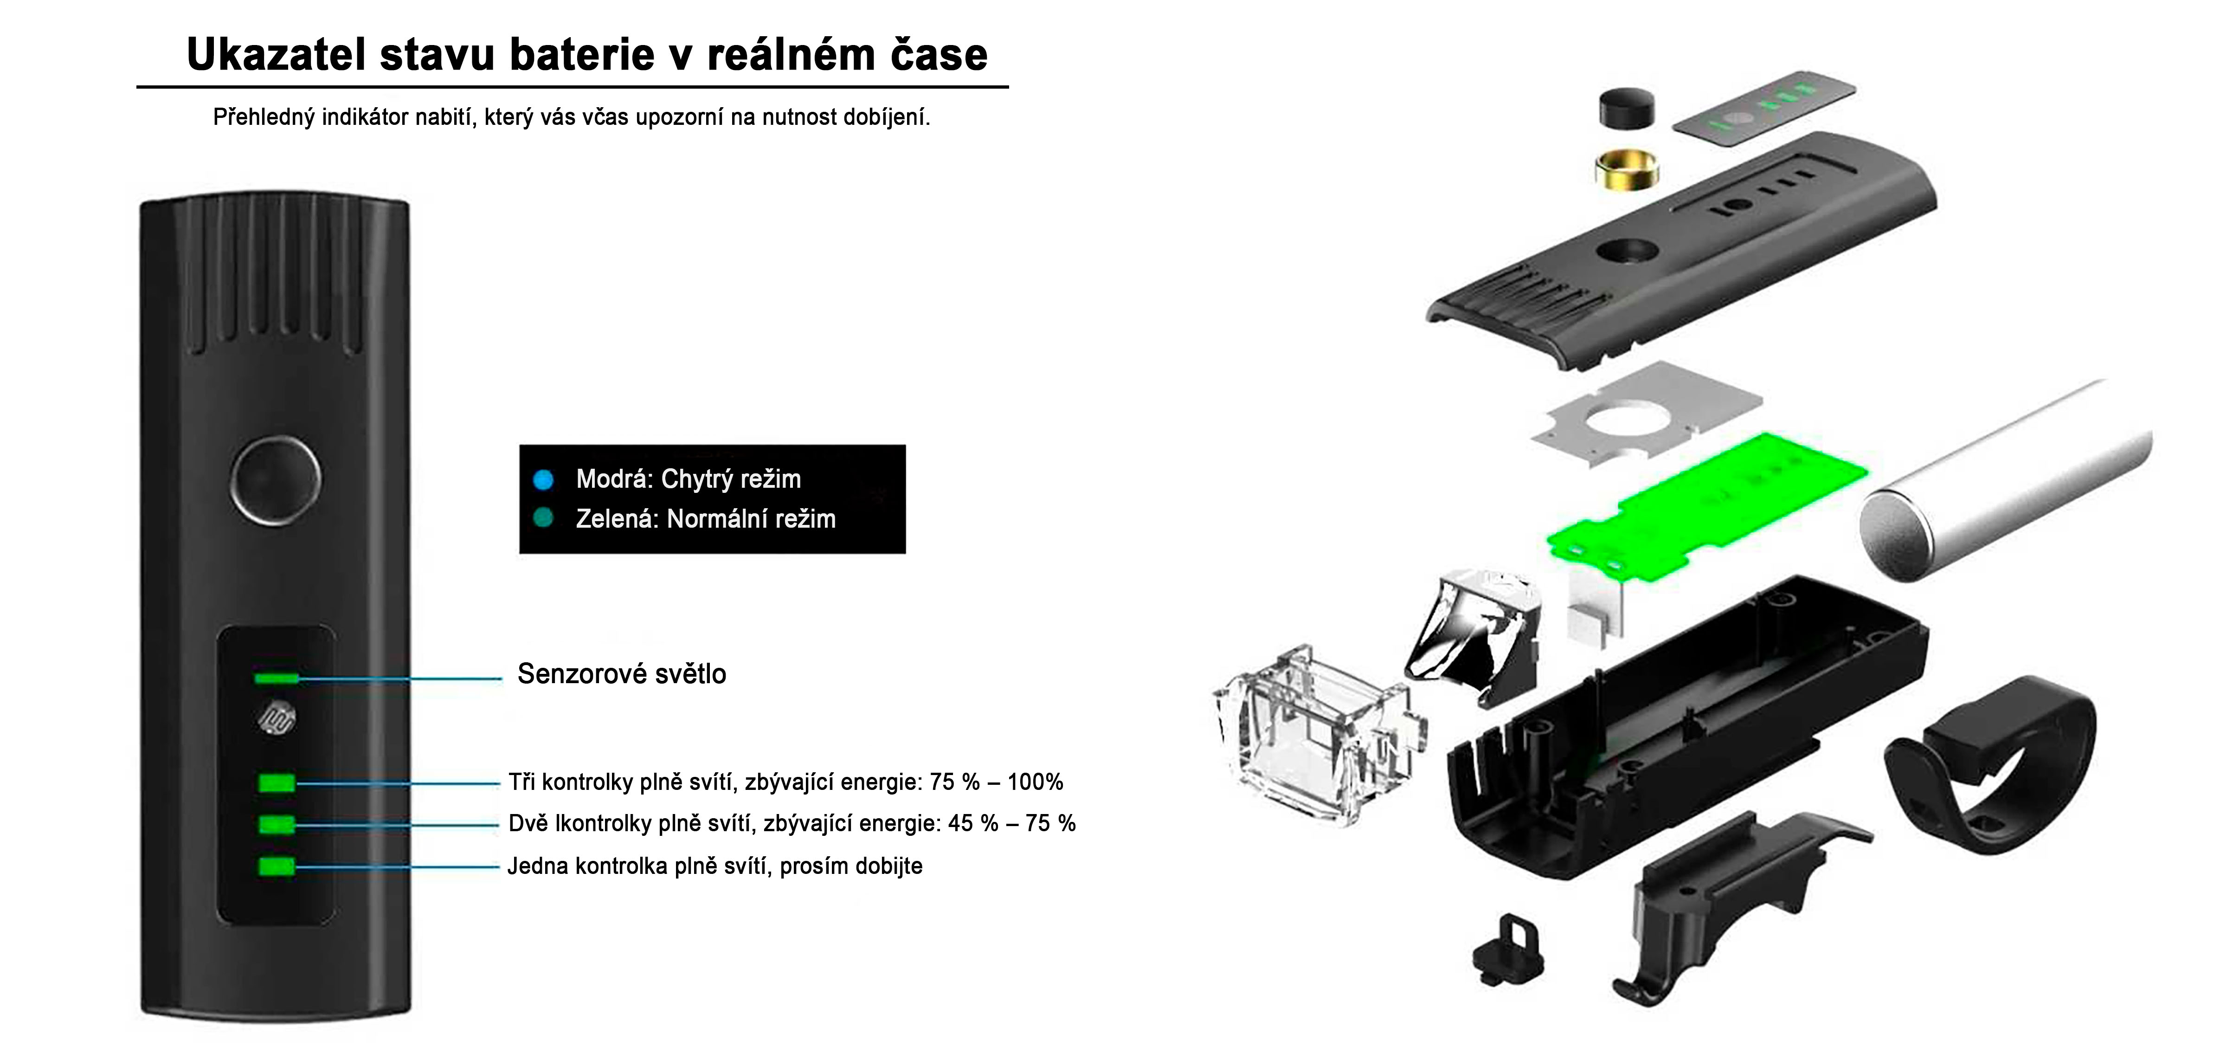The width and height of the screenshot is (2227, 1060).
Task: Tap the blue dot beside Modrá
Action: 543,479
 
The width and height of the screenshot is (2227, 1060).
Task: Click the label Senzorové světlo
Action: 622,673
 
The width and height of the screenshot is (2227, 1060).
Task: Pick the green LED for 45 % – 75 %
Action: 277,824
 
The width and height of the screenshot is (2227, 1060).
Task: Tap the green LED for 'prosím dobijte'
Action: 277,866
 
